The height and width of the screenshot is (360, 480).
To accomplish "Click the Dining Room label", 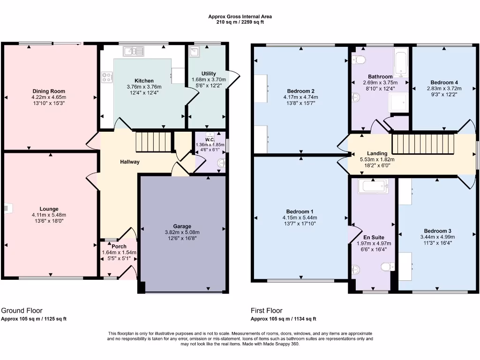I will (x=49, y=91).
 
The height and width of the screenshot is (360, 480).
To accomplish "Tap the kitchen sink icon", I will (x=134, y=51).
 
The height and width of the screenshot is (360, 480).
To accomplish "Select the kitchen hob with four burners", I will (x=106, y=77).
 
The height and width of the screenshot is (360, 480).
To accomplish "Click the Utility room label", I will (x=209, y=74).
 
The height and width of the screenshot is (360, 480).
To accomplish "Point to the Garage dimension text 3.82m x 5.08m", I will (x=182, y=232).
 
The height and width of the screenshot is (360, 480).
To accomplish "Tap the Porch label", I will (x=119, y=247).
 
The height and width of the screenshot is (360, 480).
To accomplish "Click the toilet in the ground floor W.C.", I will (x=221, y=163).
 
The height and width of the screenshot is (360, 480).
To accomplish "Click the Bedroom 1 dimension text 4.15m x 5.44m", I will (x=300, y=217).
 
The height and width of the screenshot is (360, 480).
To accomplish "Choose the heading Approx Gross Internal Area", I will (x=240, y=16).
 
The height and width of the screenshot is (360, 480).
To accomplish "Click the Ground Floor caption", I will (x=22, y=310).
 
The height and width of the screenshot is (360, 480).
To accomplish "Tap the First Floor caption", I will (x=267, y=310).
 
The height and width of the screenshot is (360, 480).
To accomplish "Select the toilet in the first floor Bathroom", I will (x=359, y=60).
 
